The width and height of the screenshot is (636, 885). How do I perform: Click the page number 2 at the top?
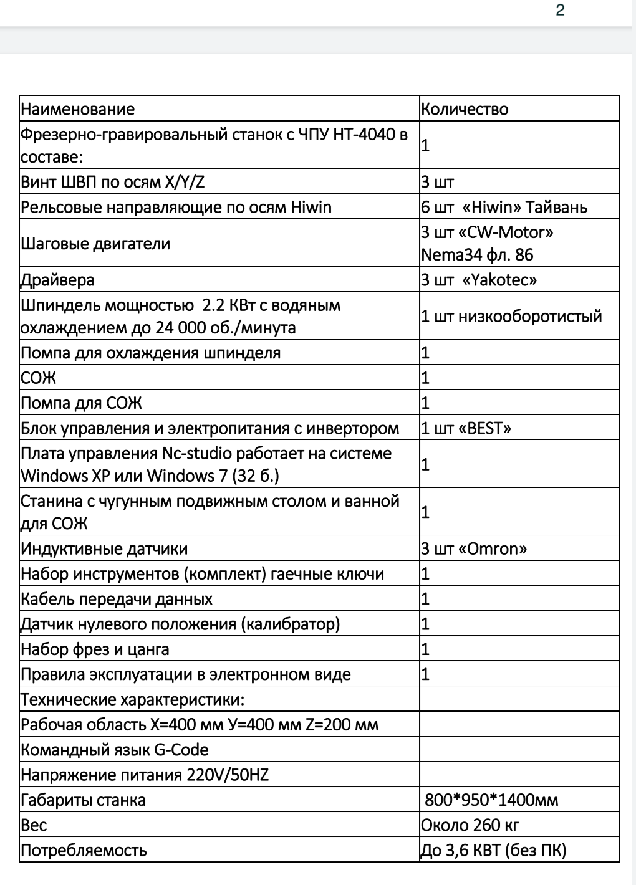pyautogui.click(x=560, y=11)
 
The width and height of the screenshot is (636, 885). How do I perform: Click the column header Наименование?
pyautogui.click(x=78, y=109)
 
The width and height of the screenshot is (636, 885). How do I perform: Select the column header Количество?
pyautogui.click(x=465, y=109)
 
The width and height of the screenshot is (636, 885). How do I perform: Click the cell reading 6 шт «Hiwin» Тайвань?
pyautogui.click(x=504, y=207)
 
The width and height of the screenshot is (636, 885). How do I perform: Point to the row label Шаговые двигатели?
pyautogui.click(x=95, y=243)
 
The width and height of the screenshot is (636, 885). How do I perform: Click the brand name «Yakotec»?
pyautogui.click(x=500, y=280)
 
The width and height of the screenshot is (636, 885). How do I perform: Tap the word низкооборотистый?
pyautogui.click(x=530, y=316)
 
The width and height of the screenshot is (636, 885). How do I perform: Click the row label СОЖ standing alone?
pyautogui.click(x=39, y=378)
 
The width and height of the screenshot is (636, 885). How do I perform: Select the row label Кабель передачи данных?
pyautogui.click(x=117, y=599)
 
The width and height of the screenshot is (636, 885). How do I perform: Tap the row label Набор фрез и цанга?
pyautogui.click(x=95, y=649)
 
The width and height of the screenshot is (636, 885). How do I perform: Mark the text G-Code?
pyautogui.click(x=181, y=750)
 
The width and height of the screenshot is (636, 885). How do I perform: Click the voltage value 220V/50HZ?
pyautogui.click(x=228, y=775)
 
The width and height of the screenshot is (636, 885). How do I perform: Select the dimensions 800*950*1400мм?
pyautogui.click(x=491, y=800)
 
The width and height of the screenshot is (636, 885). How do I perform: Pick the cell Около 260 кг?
pyautogui.click(x=470, y=825)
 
